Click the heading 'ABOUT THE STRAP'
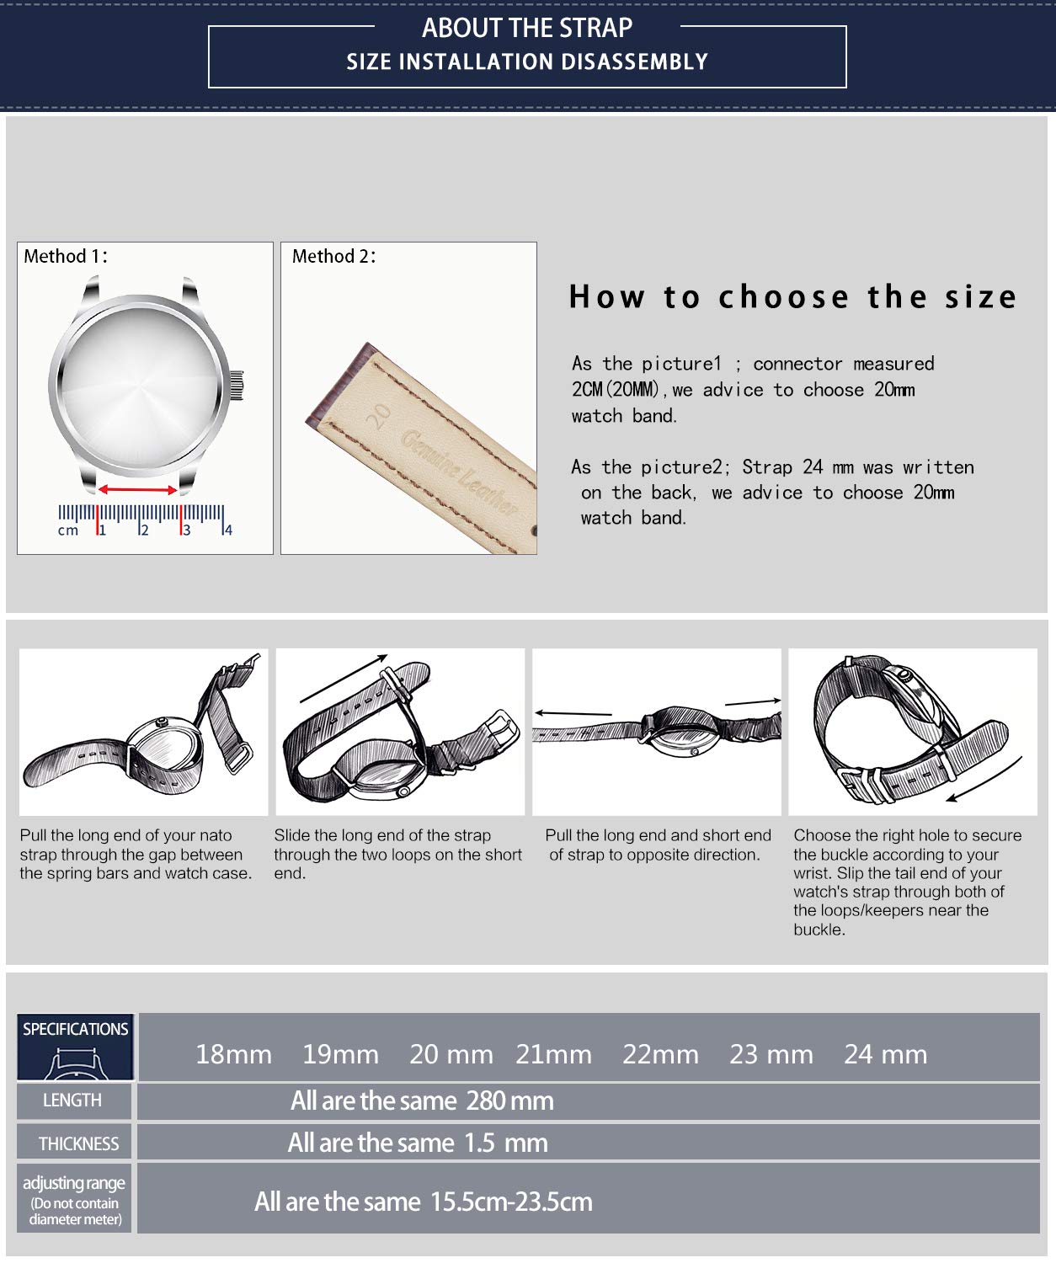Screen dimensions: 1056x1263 coord(527,28)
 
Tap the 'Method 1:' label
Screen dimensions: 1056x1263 coord(66,257)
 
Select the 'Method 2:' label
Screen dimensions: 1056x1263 coord(333,257)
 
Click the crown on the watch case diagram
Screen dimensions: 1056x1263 coord(237,385)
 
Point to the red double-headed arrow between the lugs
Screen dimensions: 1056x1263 coord(138,489)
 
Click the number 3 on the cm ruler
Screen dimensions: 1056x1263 coord(187,530)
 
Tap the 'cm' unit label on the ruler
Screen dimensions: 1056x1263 coord(67,530)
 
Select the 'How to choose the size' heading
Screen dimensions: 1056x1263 coord(792,297)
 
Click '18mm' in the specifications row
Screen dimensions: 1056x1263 coord(233,1054)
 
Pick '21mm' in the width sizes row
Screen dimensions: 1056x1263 coord(554,1054)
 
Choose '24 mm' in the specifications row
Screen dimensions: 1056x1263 coord(885,1054)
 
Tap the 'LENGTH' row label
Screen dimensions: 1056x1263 coord(72,1100)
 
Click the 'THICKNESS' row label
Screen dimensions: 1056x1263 coord(78,1143)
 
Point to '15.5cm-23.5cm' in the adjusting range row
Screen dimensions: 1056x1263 coord(511,1202)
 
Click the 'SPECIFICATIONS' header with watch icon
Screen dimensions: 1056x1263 coord(75,1047)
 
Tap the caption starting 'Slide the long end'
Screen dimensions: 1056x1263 coord(397,854)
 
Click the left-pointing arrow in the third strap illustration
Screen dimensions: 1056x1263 coord(573,714)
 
